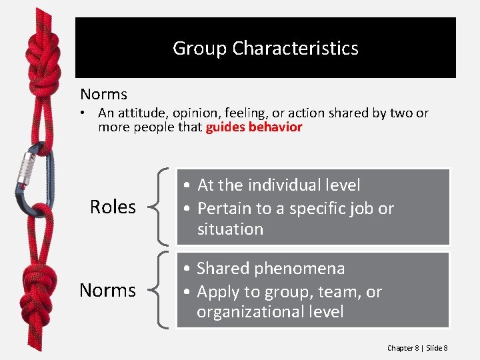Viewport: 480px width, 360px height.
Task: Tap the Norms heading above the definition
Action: point(103,95)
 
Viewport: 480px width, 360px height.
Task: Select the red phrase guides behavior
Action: point(254,127)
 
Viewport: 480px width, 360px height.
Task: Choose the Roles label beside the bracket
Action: point(113,207)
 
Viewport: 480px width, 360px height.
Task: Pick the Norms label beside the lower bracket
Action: point(107,291)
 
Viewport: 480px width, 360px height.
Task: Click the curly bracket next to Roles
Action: point(160,207)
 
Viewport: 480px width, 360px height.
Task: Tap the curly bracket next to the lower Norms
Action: point(160,291)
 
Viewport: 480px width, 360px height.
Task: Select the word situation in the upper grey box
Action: point(230,229)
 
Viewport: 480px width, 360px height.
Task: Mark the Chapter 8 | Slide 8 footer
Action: point(417,348)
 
